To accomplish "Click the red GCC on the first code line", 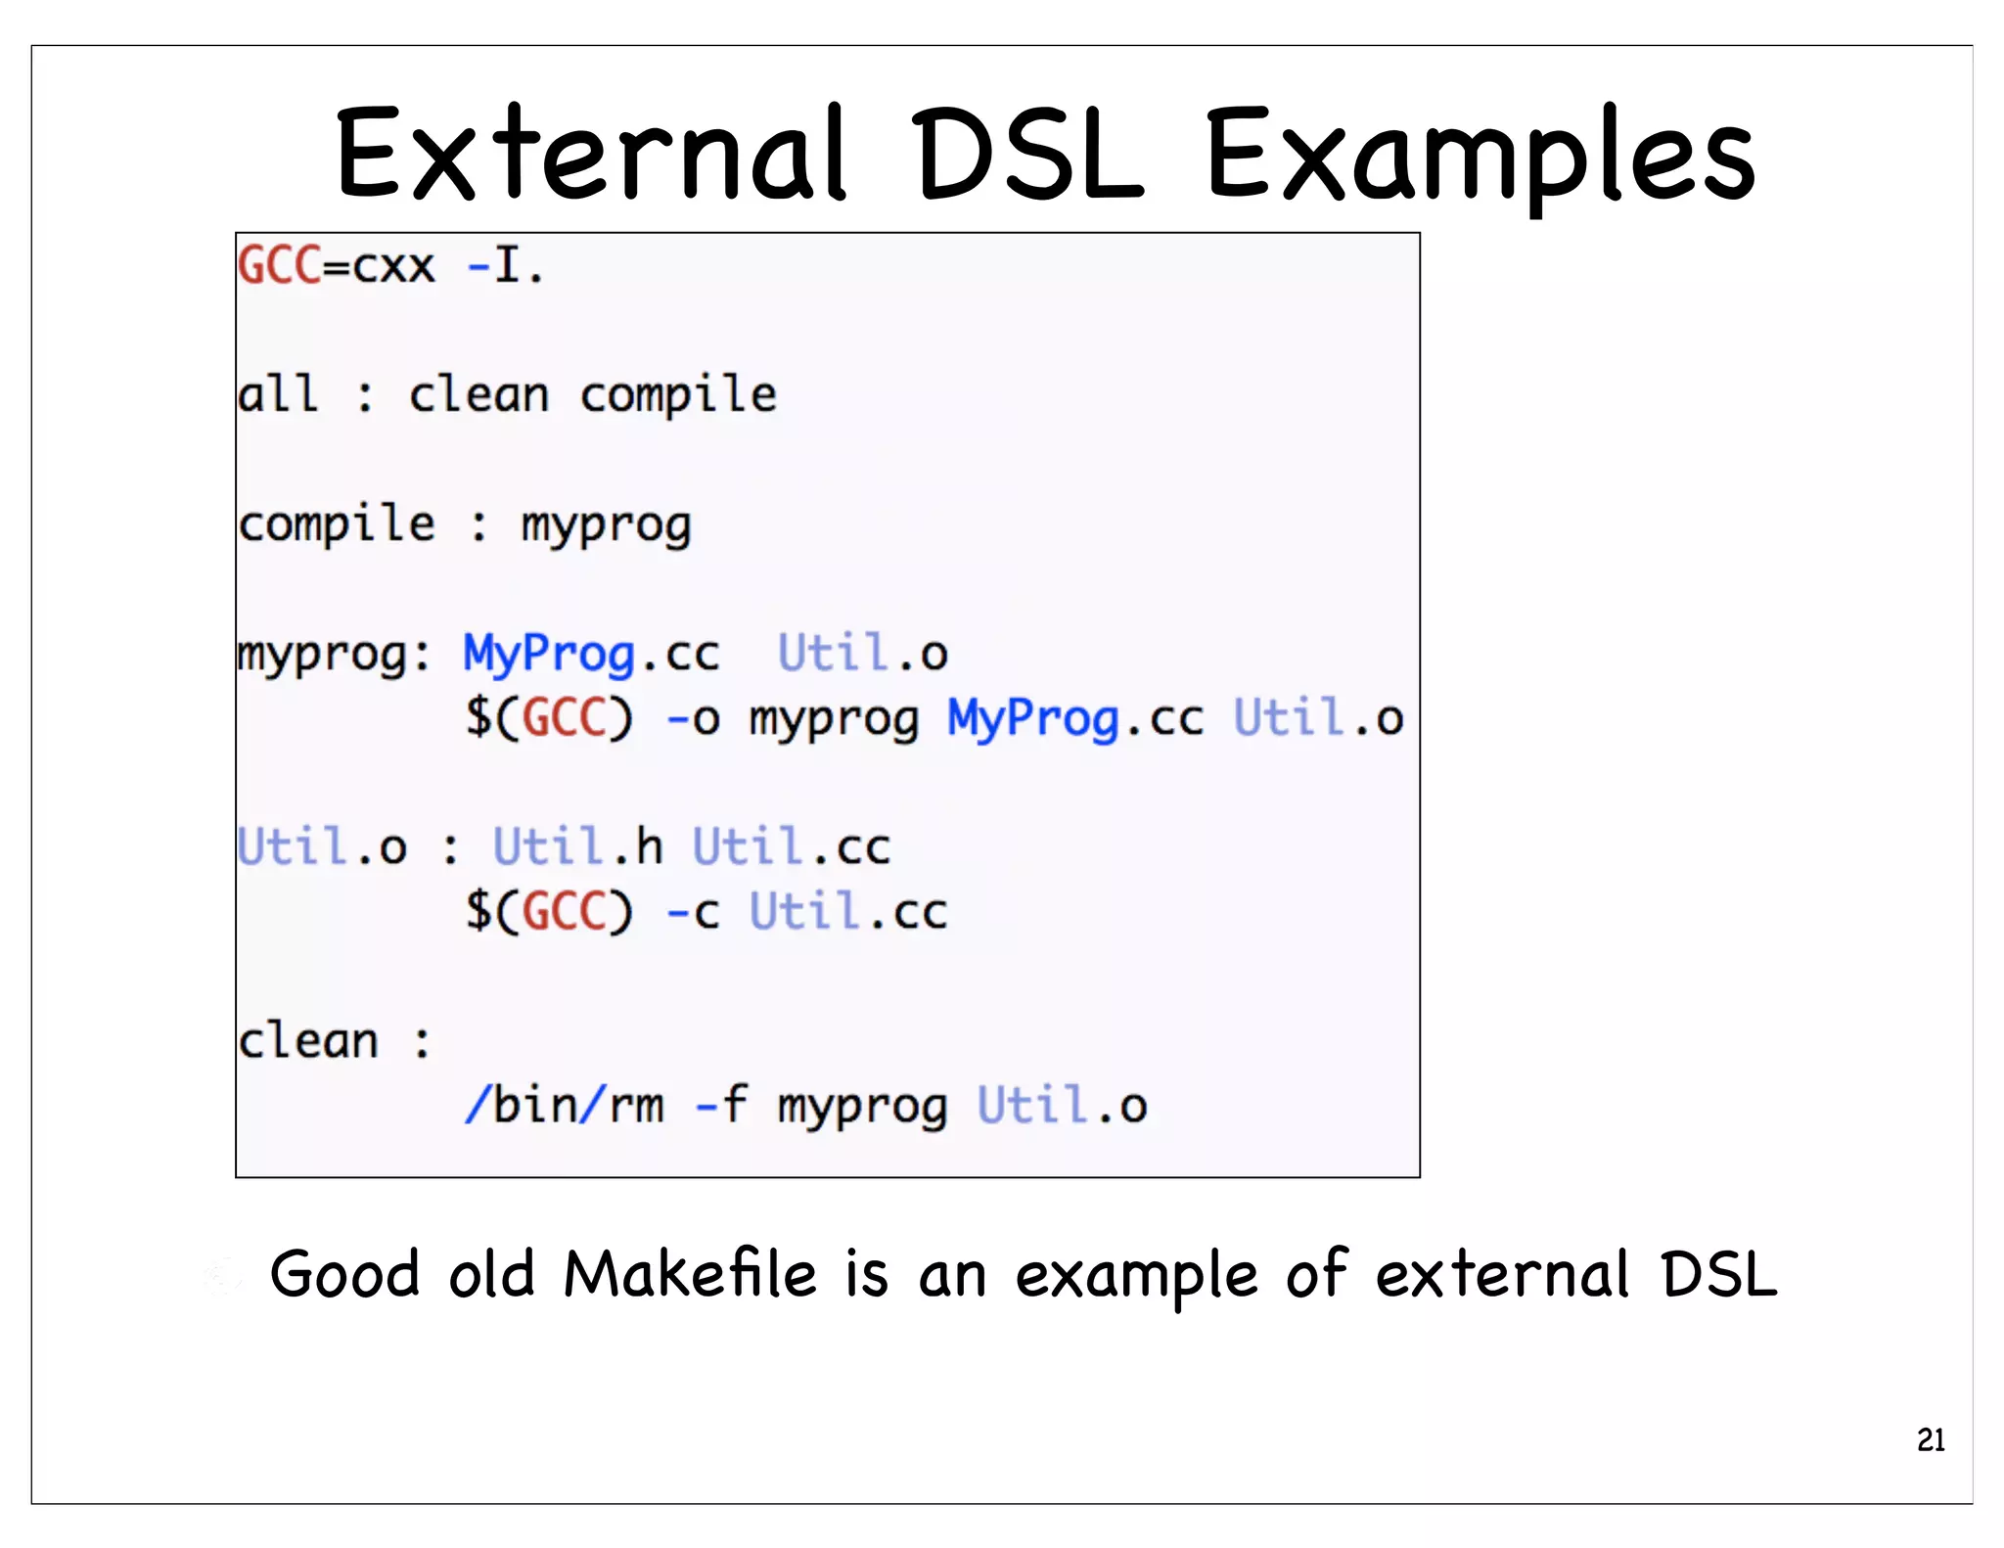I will [280, 265].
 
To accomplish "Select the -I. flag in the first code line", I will [505, 265].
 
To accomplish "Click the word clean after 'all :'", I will [478, 395].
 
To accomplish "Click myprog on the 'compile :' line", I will [606, 526].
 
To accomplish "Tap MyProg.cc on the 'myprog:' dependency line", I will [591, 655].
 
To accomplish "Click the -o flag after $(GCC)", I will [693, 719].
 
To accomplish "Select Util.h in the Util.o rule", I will [577, 846].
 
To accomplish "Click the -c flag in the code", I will [693, 912].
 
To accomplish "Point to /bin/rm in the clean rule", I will [565, 1106].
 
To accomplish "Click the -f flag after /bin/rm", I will [721, 1106].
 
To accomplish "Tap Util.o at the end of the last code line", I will [1062, 1106].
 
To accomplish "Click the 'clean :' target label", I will [334, 1040].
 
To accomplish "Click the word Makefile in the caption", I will [690, 1275].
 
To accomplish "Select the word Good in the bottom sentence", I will [344, 1275].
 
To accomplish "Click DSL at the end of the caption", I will [1719, 1275].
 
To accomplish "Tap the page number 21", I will [1931, 1440].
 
